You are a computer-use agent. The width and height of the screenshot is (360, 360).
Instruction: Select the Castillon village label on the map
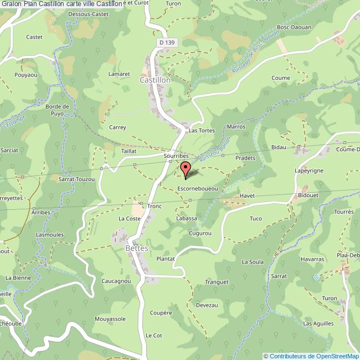pyautogui.click(x=155, y=80)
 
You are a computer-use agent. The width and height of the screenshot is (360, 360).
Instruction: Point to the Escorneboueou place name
pyautogui.click(x=197, y=189)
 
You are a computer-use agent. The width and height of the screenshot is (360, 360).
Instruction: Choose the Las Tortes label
pyautogui.click(x=202, y=131)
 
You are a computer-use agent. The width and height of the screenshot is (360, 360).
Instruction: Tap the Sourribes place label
pyautogui.click(x=177, y=157)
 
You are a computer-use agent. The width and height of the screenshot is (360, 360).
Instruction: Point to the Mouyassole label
pyautogui.click(x=110, y=319)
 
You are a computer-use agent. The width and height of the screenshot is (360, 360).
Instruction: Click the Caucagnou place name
pyautogui.click(x=116, y=281)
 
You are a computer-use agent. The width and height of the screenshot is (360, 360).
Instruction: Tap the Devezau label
pyautogui.click(x=207, y=305)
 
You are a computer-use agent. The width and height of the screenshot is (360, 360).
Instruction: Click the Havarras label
pyautogui.click(x=313, y=259)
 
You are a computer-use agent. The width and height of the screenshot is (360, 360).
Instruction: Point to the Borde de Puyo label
pyautogui.click(x=58, y=110)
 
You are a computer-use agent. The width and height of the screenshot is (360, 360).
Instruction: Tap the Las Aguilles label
pyautogui.click(x=318, y=323)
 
